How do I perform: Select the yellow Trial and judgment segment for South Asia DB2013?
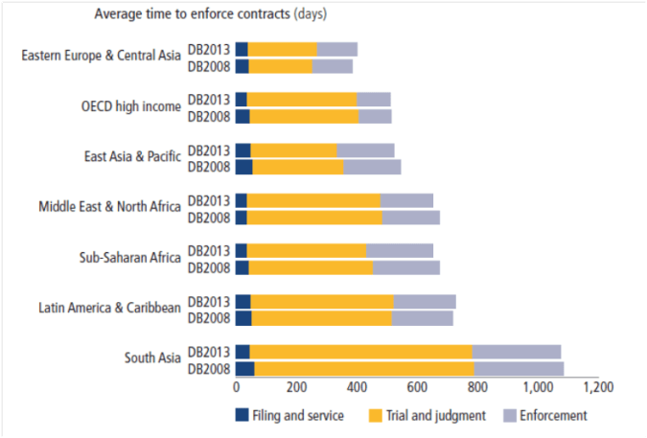pos(360,351)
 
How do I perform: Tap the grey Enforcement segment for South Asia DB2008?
pos(519,367)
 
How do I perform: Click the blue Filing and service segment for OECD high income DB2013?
pos(242,99)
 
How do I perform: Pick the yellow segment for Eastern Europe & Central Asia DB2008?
pos(281,66)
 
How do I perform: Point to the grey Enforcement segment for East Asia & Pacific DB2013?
pos(365,150)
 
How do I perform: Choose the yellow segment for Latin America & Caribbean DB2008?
pos(322,316)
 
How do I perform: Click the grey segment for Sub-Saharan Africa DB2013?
pos(399,251)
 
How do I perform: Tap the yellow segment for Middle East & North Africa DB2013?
pos(314,200)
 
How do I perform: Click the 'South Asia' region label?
pos(152,358)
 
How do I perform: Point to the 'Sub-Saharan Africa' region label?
pos(129,258)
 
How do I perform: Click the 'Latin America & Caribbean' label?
pos(109,308)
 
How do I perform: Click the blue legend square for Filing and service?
pos(243,415)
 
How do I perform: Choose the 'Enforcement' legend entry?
pos(548,415)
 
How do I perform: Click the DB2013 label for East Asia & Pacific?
pos(209,150)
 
